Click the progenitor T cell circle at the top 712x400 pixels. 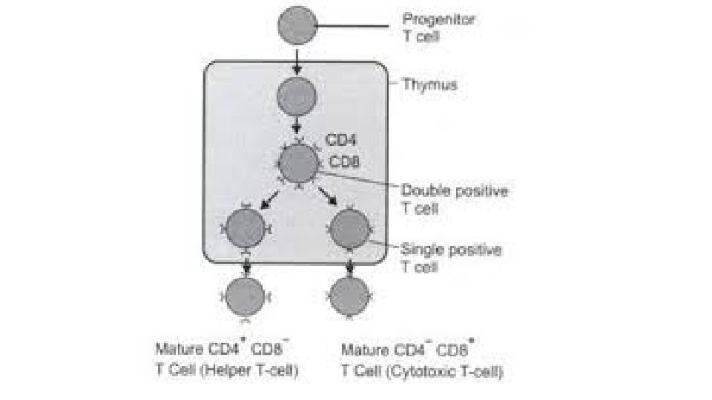tap(297, 26)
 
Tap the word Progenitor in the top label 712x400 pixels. tap(438, 19)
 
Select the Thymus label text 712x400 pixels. tap(429, 84)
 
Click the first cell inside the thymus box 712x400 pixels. tap(297, 97)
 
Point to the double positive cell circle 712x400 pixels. tap(298, 163)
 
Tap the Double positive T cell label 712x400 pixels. tap(454, 199)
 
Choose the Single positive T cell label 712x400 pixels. tap(450, 257)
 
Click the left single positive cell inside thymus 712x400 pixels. tap(245, 229)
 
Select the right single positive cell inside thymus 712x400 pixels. tap(348, 229)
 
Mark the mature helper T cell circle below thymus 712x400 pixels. tap(245, 297)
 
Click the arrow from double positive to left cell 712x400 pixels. tap(268, 199)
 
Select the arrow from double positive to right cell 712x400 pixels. tap(326, 199)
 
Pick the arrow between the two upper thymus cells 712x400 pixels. tap(297, 127)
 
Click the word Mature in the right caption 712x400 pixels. tap(362, 349)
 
